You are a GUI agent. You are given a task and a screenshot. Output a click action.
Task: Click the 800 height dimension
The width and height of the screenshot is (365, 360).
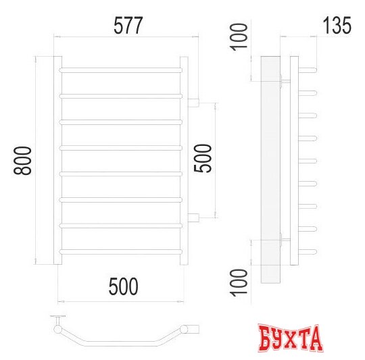pos(23,160)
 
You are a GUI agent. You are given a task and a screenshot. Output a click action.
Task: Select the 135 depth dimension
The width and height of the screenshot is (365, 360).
pos(337,26)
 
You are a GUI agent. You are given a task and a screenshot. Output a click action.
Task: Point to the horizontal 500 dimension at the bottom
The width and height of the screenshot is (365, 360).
pos(123,286)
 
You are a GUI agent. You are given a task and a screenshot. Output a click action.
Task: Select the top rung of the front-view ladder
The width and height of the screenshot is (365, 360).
pos(122,70)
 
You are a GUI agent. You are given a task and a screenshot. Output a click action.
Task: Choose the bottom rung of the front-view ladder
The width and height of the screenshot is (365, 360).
pos(122,251)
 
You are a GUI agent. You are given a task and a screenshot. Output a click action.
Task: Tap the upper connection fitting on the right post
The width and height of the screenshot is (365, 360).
pos(193,103)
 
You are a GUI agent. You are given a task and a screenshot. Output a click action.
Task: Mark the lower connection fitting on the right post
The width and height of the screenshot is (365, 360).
pos(193,216)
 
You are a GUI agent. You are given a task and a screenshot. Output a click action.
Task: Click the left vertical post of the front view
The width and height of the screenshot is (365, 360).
pos(57,160)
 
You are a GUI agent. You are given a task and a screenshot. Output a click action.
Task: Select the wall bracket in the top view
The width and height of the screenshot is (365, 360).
pos(60,319)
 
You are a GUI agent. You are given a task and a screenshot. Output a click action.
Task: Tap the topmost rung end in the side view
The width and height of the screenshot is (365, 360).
pos(308,68)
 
